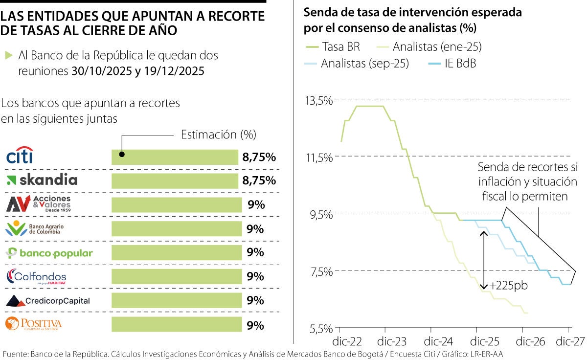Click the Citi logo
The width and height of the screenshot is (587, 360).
coord(20,156)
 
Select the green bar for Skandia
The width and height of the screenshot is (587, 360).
coord(175,180)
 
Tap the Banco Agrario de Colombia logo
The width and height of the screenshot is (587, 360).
coord(34,228)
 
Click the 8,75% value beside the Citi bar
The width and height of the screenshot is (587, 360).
coord(259,157)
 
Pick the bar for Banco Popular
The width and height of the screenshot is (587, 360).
coord(177,253)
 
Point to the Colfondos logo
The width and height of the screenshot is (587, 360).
coord(36,277)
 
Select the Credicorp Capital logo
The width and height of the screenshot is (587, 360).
coord(48,301)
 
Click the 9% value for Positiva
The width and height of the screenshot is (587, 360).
coord(255,325)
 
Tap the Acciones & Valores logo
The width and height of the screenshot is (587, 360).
coord(39,204)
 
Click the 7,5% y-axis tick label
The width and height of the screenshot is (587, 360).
coord(321,271)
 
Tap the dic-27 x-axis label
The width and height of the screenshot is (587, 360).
coord(569,341)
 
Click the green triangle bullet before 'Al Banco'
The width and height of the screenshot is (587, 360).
coord(8,55)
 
